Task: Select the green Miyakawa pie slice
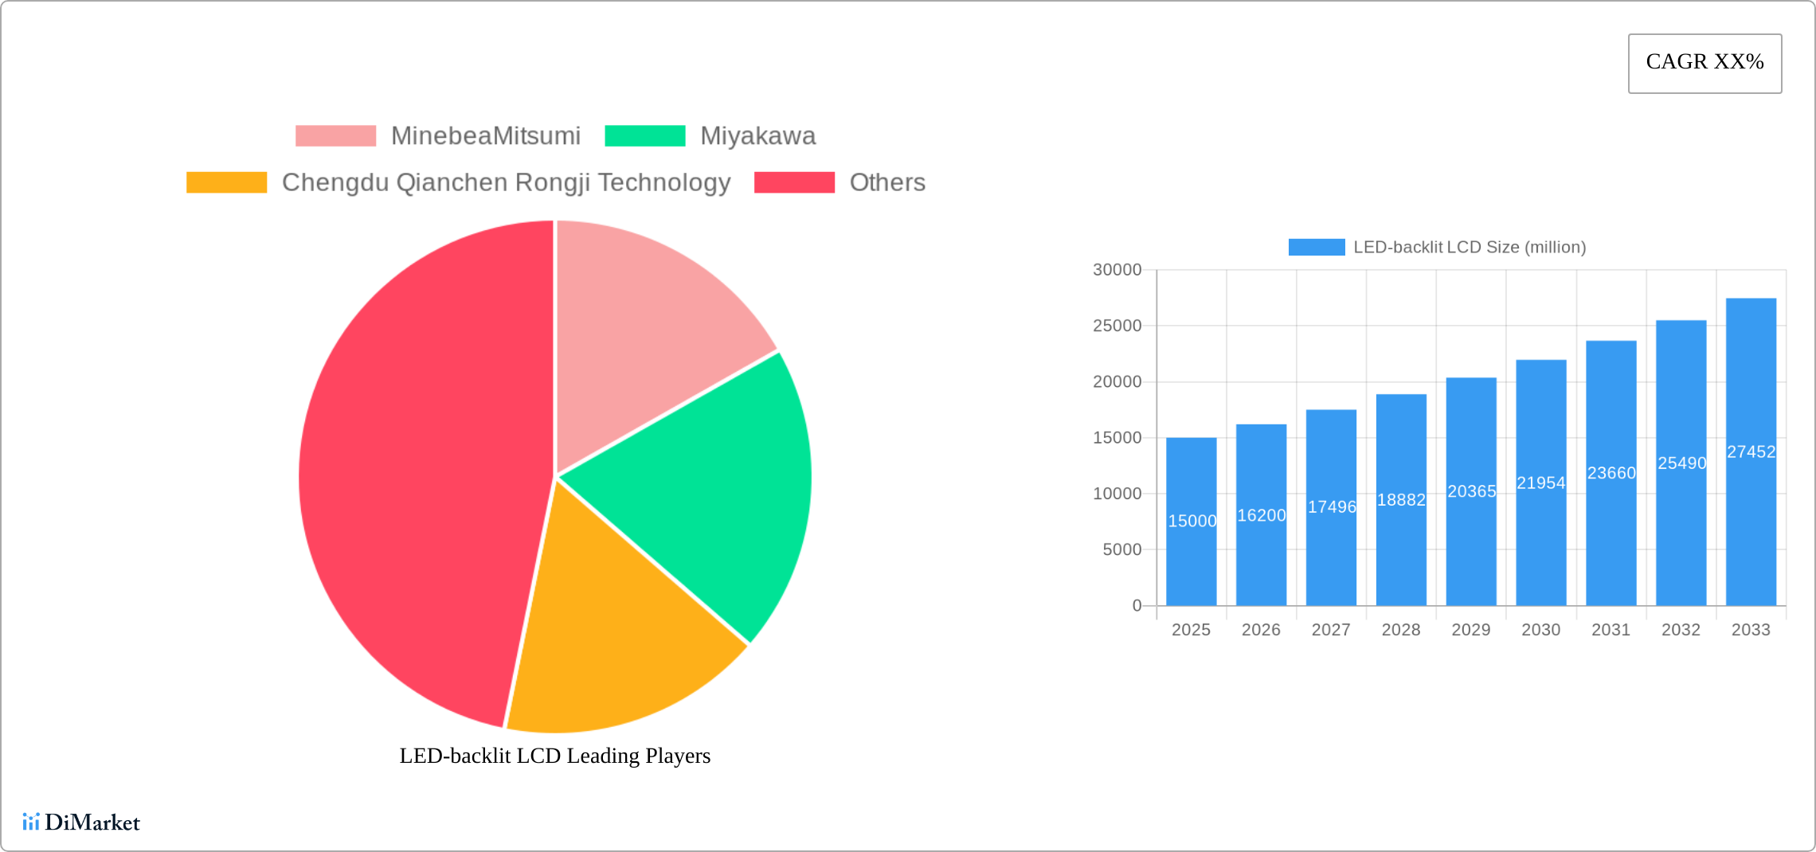pyautogui.click(x=701, y=494)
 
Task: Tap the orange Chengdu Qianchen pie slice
pyautogui.click(x=613, y=637)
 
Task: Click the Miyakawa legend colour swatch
pyautogui.click(x=644, y=136)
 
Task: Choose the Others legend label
pyautogui.click(x=886, y=182)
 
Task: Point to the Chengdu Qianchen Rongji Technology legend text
pyautogui.click(x=506, y=182)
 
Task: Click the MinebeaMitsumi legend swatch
pyautogui.click(x=335, y=136)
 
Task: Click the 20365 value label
pyautogui.click(x=1471, y=491)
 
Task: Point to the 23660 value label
pyautogui.click(x=1611, y=473)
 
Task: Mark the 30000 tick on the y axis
pyautogui.click(x=1117, y=270)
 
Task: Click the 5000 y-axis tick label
pyautogui.click(x=1121, y=549)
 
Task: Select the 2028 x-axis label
pyautogui.click(x=1401, y=630)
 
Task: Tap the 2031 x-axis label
pyautogui.click(x=1611, y=630)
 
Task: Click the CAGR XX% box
pyautogui.click(x=1704, y=63)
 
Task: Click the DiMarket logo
pyautogui.click(x=81, y=822)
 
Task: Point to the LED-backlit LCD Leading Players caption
pyautogui.click(x=554, y=756)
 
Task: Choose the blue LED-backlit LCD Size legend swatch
pyautogui.click(x=1316, y=248)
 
